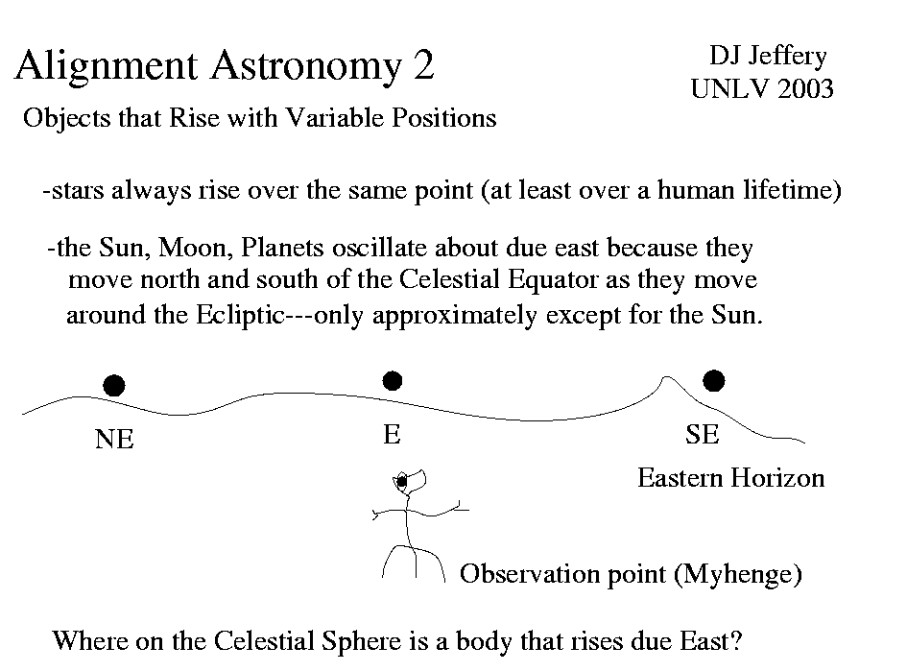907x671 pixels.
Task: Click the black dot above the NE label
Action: [x=114, y=386]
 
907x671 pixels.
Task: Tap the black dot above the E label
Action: [x=392, y=381]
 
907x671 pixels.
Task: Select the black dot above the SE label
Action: [x=713, y=381]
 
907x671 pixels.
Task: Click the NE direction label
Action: [x=114, y=440]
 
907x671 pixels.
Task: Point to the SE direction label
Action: [x=702, y=435]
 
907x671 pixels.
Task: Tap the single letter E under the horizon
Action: [x=392, y=435]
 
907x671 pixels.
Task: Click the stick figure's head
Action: [x=410, y=480]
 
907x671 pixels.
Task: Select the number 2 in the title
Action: [x=422, y=66]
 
